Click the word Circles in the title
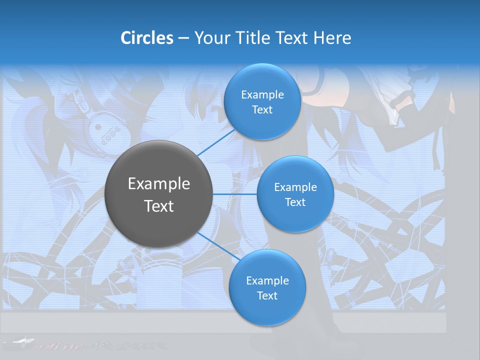pyautogui.click(x=147, y=38)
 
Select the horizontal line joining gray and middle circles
pyautogui.click(x=235, y=194)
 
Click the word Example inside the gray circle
pyautogui.click(x=159, y=184)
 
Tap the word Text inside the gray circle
pyautogui.click(x=159, y=206)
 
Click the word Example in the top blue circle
pyautogui.click(x=262, y=95)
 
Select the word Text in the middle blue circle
pyautogui.click(x=295, y=202)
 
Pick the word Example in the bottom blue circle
pyautogui.click(x=267, y=281)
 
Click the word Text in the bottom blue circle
pyautogui.click(x=267, y=296)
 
